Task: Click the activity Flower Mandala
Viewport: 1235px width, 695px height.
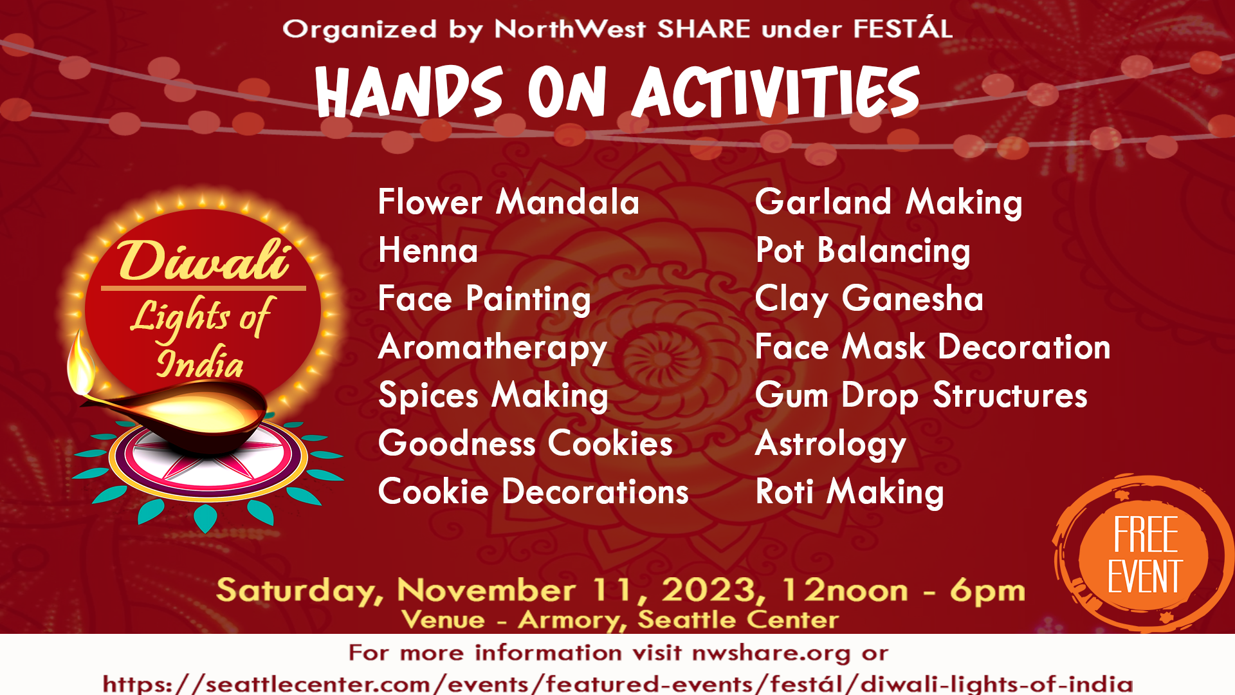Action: (509, 202)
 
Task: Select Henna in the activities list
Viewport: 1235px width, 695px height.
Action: (428, 250)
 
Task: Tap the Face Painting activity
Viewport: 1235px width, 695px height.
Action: (484, 300)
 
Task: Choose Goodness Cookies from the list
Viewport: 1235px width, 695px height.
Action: (526, 443)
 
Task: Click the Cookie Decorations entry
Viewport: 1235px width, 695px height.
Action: (533, 492)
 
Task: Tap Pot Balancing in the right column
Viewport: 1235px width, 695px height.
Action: (863, 252)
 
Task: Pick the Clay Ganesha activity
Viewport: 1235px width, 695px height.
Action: (869, 300)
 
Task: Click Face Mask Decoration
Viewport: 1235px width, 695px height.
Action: (933, 347)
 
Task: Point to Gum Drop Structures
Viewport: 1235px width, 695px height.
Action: (921, 396)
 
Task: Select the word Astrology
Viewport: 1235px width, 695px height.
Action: (830, 445)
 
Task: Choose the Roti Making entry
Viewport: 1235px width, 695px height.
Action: (850, 493)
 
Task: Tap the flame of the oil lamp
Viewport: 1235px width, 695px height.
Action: (80, 364)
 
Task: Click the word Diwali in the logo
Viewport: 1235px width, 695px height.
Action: (203, 261)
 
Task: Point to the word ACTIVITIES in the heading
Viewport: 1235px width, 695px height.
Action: (776, 91)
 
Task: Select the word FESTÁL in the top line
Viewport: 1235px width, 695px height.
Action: (903, 28)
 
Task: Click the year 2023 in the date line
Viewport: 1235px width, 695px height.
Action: (713, 591)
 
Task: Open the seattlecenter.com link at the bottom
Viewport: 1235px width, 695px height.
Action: (617, 683)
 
